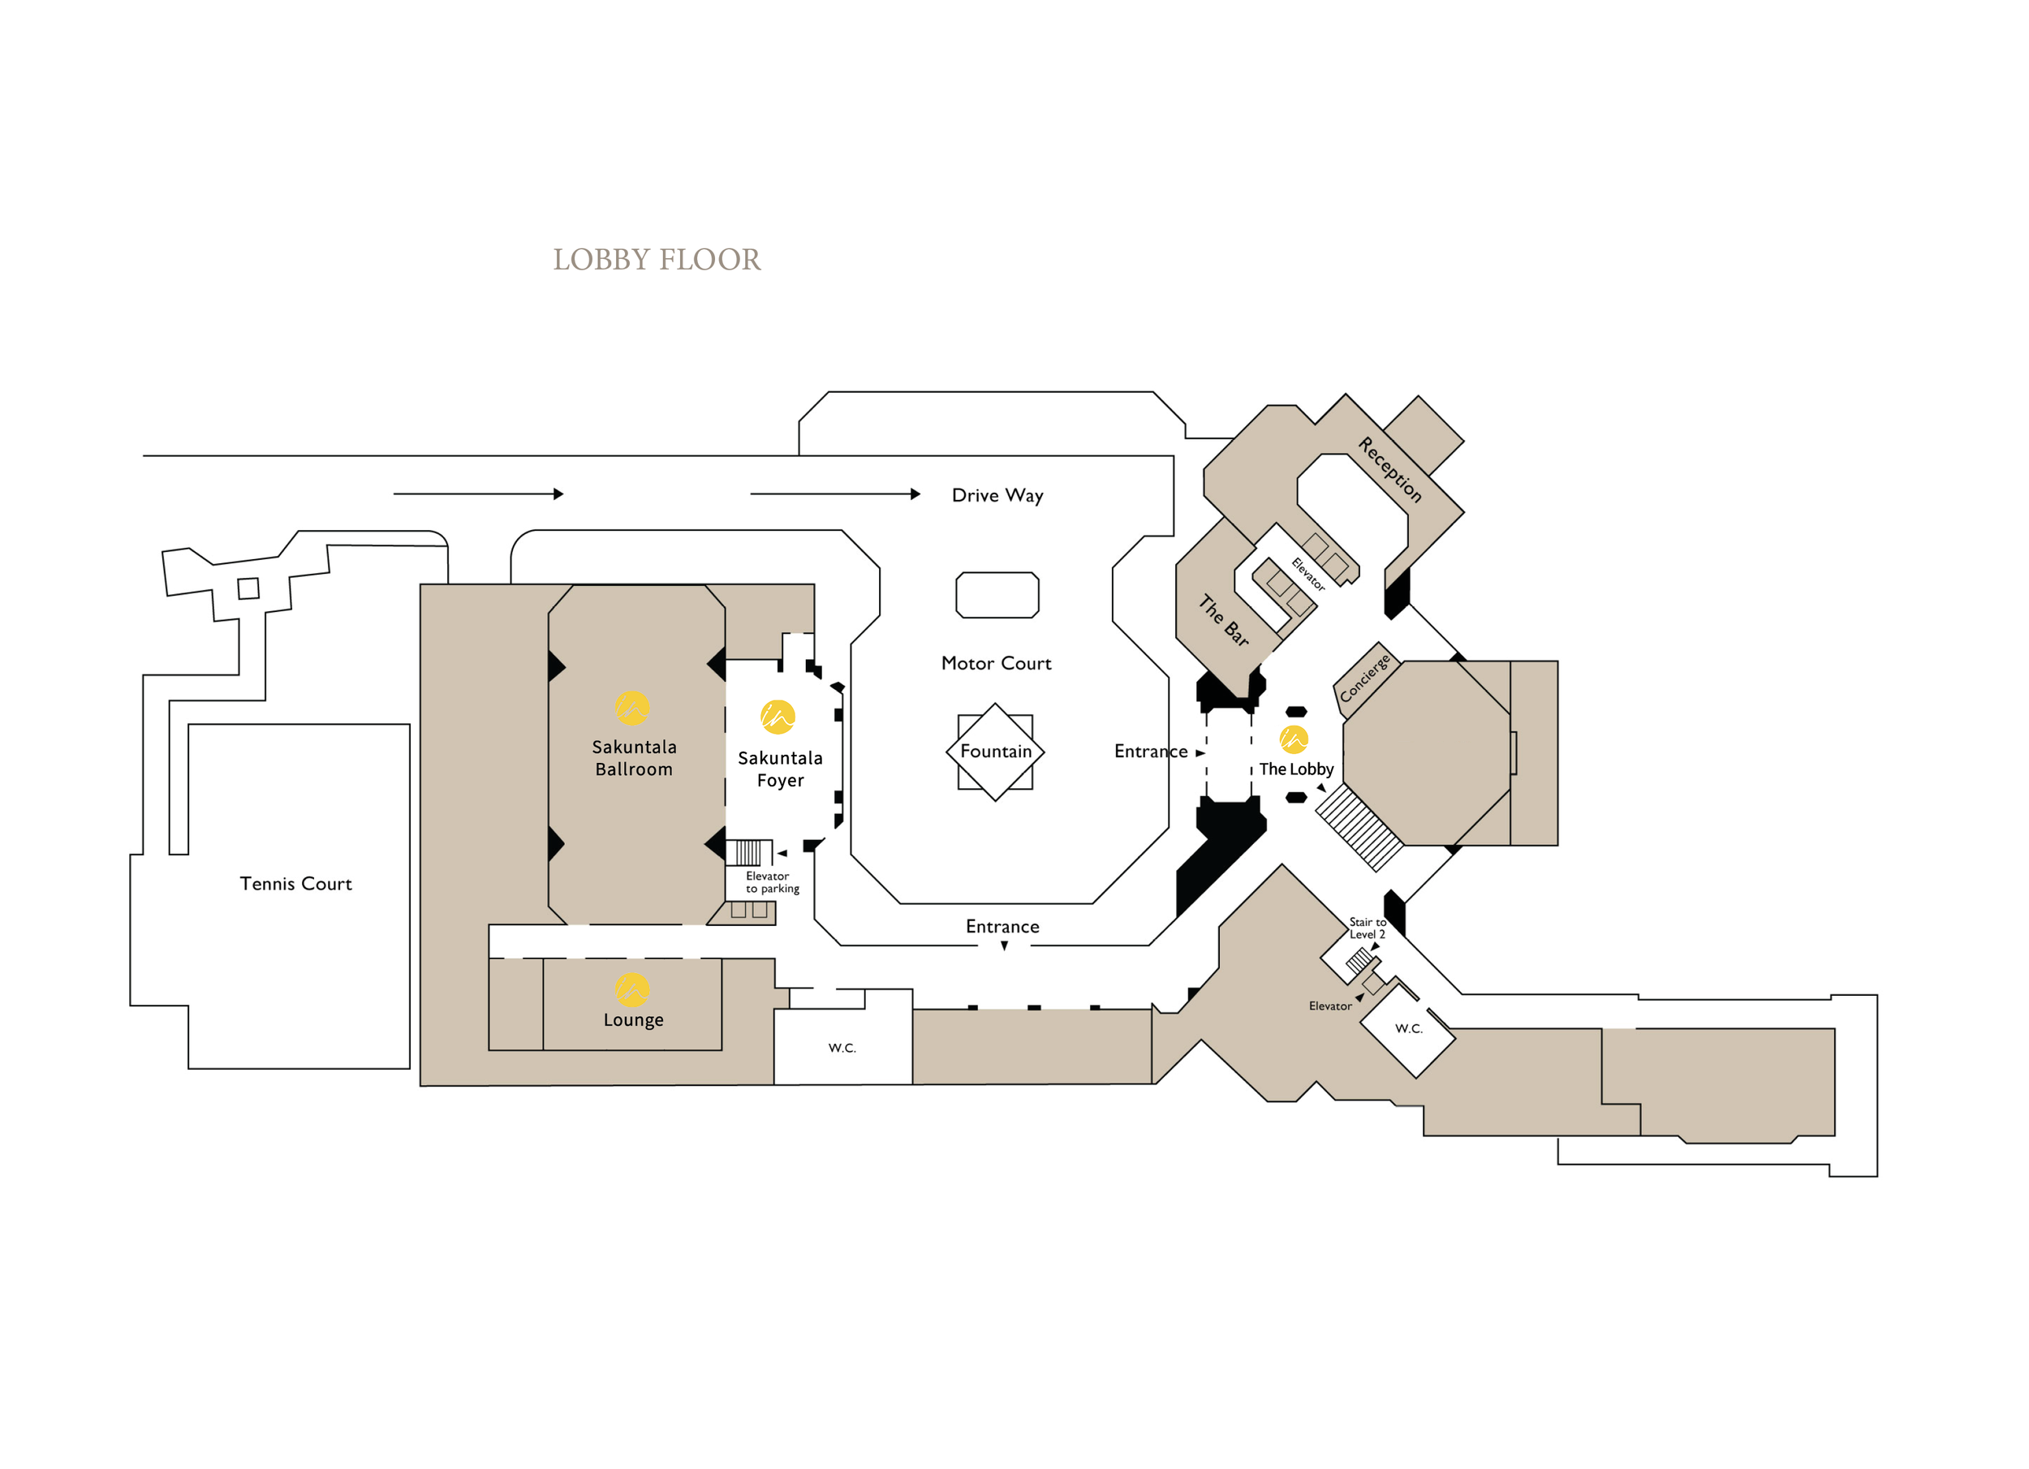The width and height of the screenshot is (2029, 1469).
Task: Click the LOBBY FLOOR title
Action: [657, 260]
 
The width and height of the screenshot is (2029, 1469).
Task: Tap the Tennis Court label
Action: [296, 884]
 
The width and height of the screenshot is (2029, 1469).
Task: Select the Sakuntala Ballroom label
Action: [635, 758]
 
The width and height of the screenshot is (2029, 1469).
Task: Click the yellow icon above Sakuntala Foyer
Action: [778, 717]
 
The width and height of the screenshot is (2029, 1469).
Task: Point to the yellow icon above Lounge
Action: [632, 989]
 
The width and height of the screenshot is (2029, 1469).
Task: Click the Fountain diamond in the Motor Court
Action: [996, 752]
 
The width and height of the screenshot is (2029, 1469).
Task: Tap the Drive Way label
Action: [997, 496]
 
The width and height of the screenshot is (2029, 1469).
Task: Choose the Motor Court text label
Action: [997, 663]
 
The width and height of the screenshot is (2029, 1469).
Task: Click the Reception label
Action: [1390, 470]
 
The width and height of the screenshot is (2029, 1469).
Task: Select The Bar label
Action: [1224, 620]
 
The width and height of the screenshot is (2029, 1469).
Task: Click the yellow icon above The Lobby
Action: [1294, 739]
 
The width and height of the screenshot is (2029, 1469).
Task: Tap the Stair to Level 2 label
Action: [1368, 928]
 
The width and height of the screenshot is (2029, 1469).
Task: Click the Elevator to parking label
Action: [772, 882]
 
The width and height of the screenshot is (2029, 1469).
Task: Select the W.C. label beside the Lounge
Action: [842, 1048]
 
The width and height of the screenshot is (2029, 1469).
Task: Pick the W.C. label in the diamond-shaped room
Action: [1409, 1029]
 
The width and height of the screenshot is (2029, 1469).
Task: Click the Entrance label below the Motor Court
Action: [1003, 927]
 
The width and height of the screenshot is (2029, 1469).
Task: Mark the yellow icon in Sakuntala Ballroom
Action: [631, 709]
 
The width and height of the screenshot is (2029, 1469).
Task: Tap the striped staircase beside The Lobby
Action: [1359, 828]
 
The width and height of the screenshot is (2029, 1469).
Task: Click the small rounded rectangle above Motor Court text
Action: [997, 595]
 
